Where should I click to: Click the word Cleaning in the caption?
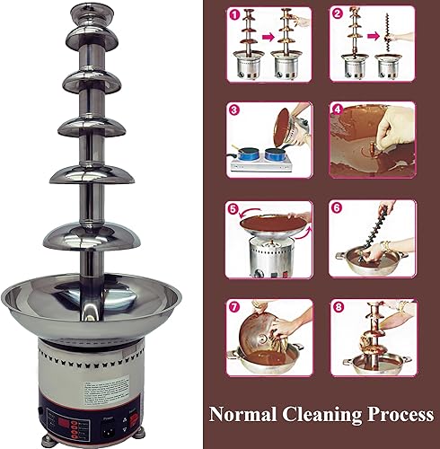coord(317,416)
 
